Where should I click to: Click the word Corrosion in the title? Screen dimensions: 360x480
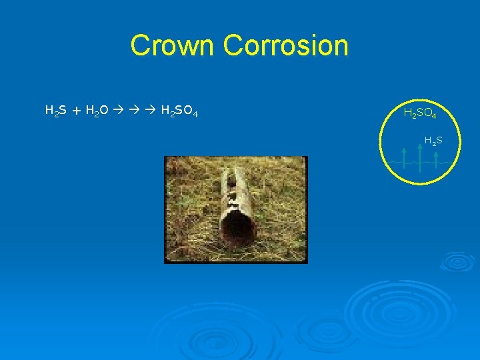(286, 46)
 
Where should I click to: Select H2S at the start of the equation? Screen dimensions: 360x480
(55, 109)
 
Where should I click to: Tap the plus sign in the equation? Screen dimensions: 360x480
(77, 109)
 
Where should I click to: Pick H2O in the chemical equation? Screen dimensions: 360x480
(97, 109)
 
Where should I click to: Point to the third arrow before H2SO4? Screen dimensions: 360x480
(151, 109)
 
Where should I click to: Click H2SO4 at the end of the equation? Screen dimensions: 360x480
(179, 109)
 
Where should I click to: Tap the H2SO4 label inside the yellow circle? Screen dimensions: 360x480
(420, 114)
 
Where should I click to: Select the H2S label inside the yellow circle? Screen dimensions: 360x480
(433, 141)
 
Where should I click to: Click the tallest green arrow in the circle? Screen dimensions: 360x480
(420, 157)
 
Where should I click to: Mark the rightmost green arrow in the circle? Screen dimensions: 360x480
(436, 161)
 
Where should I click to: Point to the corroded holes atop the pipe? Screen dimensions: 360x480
(234, 190)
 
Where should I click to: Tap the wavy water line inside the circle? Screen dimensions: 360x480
(413, 162)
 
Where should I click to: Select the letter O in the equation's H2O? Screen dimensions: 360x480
(104, 109)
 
